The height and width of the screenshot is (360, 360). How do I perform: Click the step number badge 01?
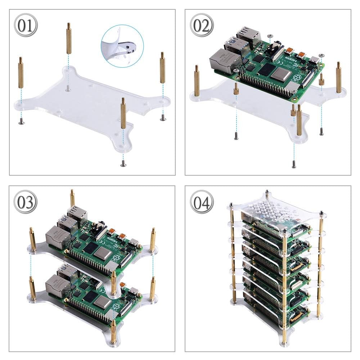tap(25, 26)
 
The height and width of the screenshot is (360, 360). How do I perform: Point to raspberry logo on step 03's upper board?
tap(117, 258)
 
